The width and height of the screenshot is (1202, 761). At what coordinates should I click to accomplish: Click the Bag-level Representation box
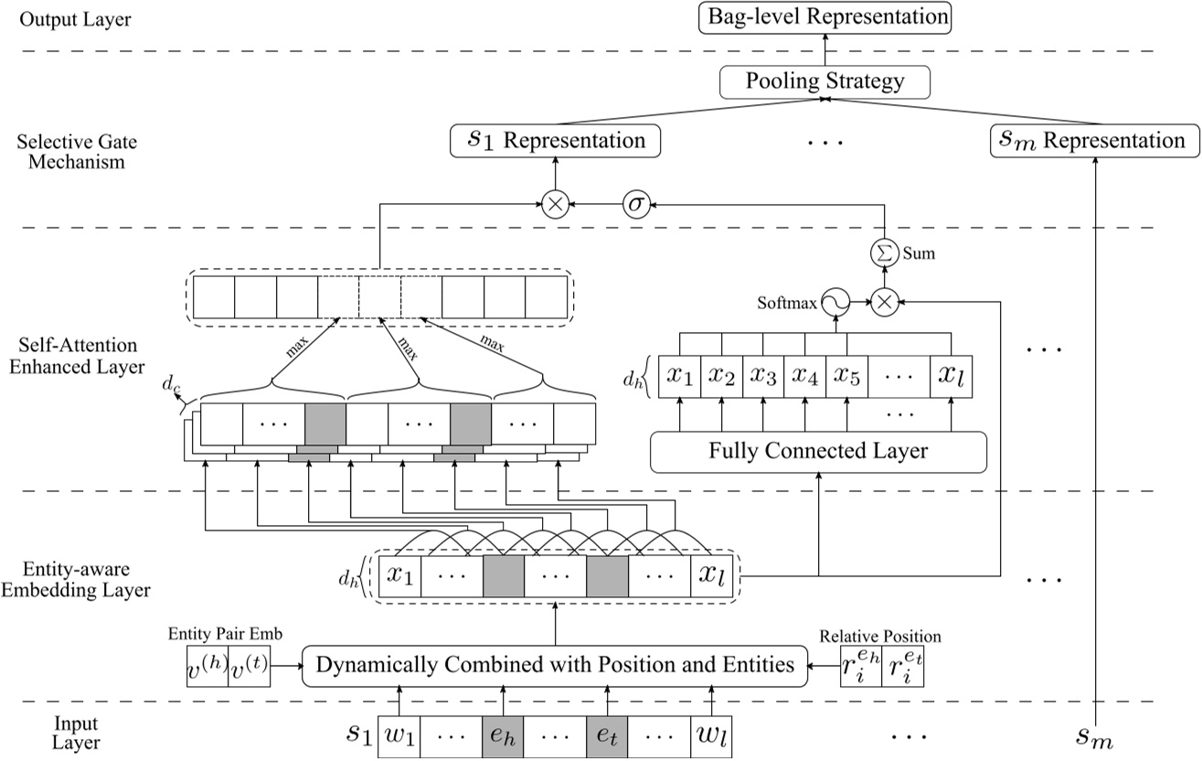point(824,17)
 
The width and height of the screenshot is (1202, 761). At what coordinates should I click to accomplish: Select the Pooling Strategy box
point(824,82)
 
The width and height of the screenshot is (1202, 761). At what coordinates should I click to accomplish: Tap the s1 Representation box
point(555,141)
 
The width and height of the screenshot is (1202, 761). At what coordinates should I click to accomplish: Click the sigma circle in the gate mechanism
point(635,206)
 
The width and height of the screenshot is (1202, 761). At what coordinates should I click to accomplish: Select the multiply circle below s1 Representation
point(554,206)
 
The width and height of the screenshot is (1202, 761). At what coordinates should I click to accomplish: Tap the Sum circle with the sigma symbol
point(883,253)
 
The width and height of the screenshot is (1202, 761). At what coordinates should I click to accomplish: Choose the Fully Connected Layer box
point(818,451)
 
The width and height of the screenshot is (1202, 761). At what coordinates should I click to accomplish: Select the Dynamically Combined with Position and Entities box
point(555,664)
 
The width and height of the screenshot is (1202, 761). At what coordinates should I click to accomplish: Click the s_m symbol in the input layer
point(1092,738)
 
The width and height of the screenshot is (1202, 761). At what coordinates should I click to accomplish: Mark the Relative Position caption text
point(880,637)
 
